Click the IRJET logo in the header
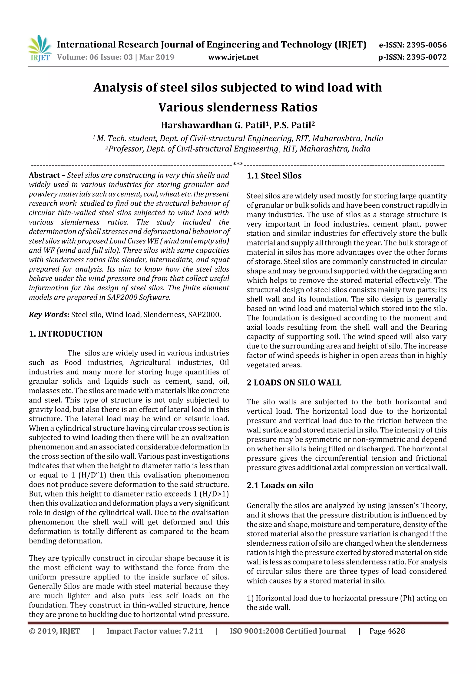[40, 48]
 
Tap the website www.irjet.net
[233, 57]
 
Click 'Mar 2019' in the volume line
[157, 57]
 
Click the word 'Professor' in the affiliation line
[125, 149]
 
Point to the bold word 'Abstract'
[44, 175]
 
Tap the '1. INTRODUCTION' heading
[66, 334]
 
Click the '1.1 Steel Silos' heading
[274, 176]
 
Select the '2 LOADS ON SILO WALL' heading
[294, 382]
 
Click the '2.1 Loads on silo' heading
[280, 485]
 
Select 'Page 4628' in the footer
[387, 631]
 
